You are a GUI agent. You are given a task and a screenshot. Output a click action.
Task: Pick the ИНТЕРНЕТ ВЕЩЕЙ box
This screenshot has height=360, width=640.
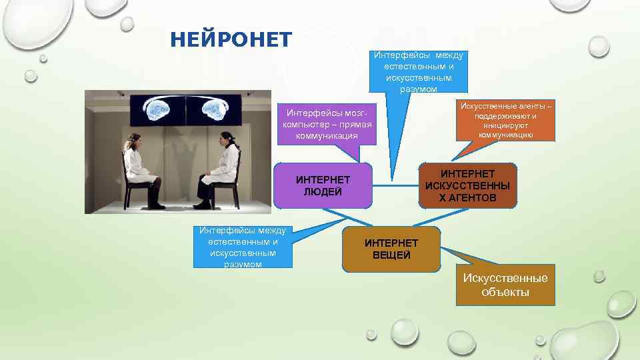pyautogui.click(x=391, y=249)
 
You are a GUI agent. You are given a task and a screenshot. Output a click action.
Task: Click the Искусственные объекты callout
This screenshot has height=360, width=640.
pyautogui.click(x=505, y=285)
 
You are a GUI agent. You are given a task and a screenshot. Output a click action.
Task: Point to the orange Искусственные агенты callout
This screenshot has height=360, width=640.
pyautogui.click(x=505, y=121)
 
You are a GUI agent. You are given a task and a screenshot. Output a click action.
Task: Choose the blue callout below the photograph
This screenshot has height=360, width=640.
pyautogui.click(x=243, y=247)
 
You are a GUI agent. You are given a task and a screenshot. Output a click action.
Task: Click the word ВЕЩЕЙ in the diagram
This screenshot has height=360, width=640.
pyautogui.click(x=391, y=255)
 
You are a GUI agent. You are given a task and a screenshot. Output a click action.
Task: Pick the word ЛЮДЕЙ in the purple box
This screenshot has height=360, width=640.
pyautogui.click(x=323, y=192)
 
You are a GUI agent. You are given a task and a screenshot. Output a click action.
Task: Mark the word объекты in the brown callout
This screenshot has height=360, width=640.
pyautogui.click(x=505, y=292)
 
